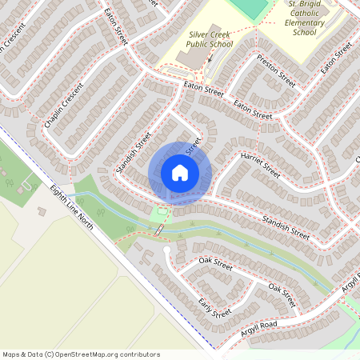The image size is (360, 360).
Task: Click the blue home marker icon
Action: pyautogui.click(x=180, y=172)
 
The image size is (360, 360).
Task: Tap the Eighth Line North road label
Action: pyautogui.click(x=72, y=207)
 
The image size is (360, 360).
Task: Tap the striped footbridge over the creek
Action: pyautogui.click(x=159, y=230)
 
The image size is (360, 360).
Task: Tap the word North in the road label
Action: pyautogui.click(x=85, y=222)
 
